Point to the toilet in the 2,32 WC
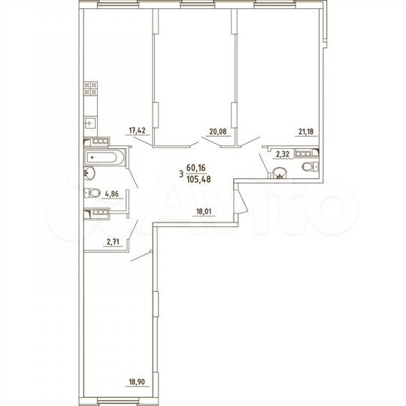(308, 166)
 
